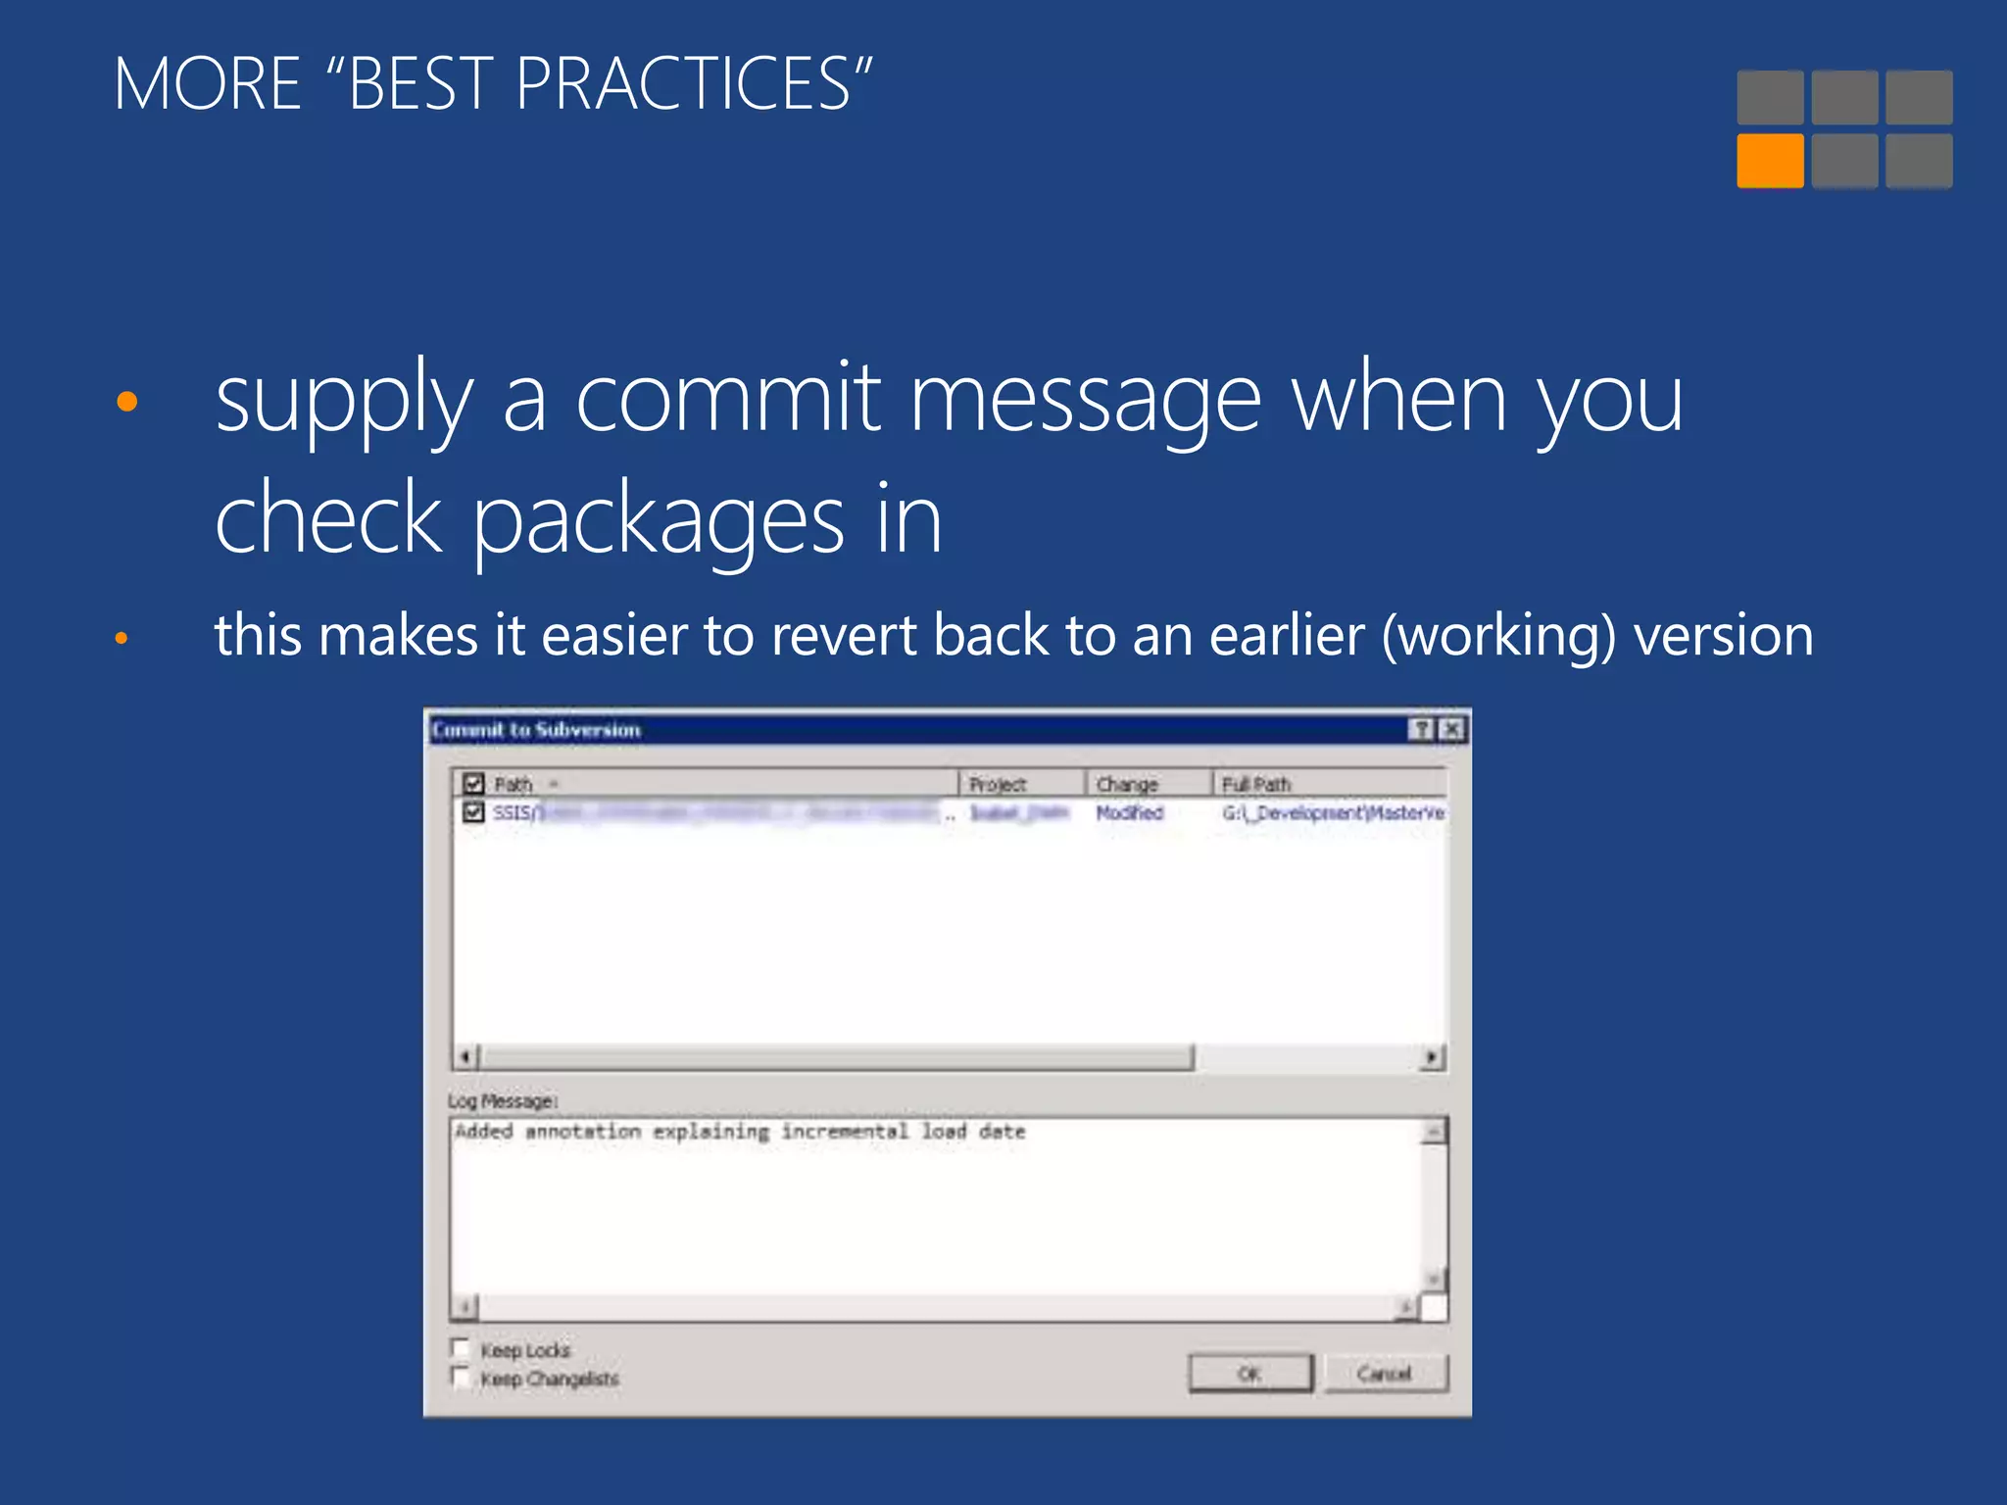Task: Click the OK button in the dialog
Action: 1249,1373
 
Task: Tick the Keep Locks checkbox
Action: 461,1347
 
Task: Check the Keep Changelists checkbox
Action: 461,1377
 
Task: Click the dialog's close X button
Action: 1452,729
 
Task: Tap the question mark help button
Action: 1421,729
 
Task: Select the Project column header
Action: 998,784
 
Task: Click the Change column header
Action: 1127,784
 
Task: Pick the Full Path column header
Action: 1256,784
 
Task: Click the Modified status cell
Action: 1129,812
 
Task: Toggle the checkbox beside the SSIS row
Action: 474,812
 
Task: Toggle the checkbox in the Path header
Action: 474,784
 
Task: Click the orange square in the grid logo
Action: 1770,161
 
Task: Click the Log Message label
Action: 503,1101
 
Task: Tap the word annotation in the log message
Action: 583,1132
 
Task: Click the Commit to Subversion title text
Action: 536,730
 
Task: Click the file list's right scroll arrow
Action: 1433,1057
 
